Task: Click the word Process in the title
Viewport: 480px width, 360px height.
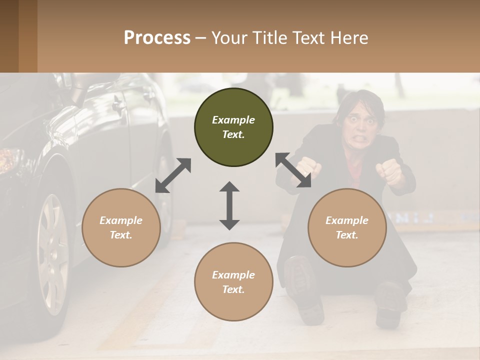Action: [157, 38]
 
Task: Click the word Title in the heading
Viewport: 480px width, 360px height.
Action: [270, 38]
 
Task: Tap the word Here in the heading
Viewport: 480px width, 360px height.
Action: [349, 38]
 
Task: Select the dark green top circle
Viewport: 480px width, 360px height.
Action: [233, 127]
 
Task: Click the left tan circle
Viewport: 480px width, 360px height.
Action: [121, 227]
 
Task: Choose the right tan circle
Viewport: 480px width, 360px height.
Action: [347, 227]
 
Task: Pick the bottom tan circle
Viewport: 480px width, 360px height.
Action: [233, 282]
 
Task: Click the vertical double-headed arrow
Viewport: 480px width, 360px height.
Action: [229, 205]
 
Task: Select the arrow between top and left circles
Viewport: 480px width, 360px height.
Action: [173, 175]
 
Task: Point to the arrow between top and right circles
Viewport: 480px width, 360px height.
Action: [293, 170]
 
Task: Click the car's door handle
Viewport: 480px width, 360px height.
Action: [118, 105]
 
